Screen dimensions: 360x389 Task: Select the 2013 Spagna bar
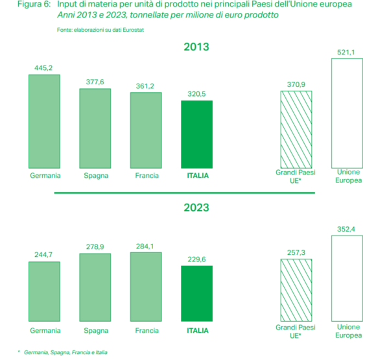(95, 128)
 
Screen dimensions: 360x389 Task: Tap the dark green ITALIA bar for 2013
(196, 135)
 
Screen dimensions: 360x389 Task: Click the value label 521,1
(347, 51)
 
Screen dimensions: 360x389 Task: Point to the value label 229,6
(196, 258)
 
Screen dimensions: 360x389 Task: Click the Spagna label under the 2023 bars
(95, 330)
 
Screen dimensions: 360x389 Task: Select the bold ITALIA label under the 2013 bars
(196, 175)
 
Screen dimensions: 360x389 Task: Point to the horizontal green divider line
(162, 193)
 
